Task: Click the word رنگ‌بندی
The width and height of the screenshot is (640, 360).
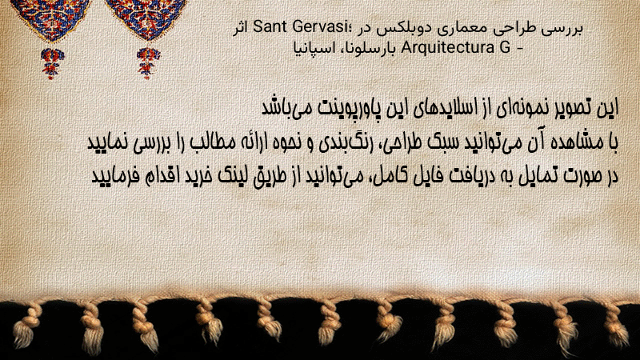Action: (339, 142)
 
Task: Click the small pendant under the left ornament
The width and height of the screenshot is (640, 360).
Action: (52, 63)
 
